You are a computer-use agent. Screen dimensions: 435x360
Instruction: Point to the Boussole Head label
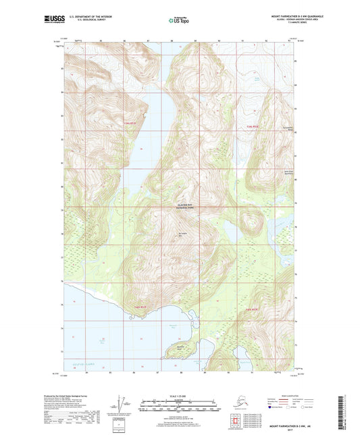[x=179, y=344]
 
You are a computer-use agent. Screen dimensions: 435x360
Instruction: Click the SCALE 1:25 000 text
[x=179, y=396]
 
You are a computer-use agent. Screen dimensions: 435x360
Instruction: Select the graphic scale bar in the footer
[x=179, y=407]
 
